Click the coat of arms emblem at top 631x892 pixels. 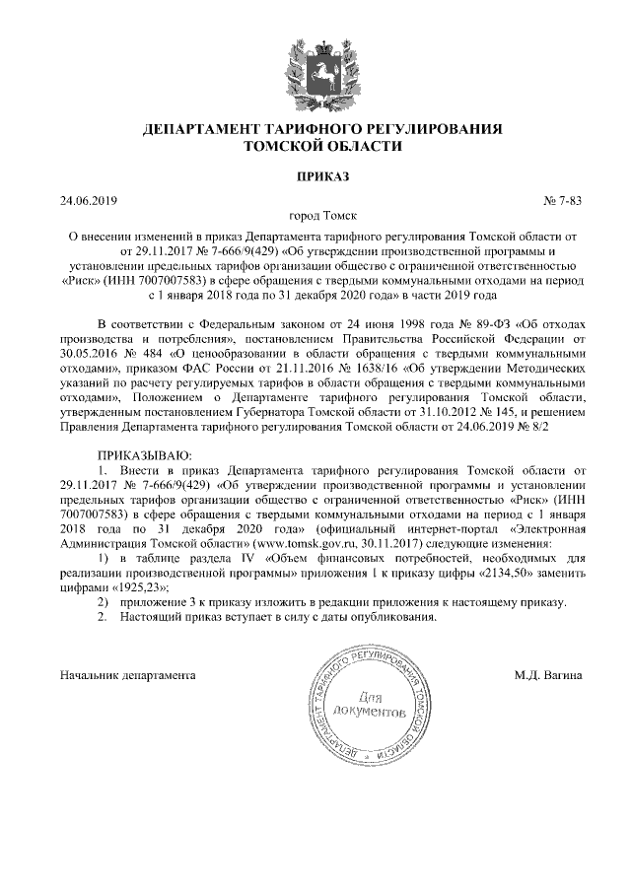pyautogui.click(x=315, y=68)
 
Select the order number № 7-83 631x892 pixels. pyautogui.click(x=563, y=202)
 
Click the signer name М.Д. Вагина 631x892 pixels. pyautogui.click(x=548, y=676)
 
